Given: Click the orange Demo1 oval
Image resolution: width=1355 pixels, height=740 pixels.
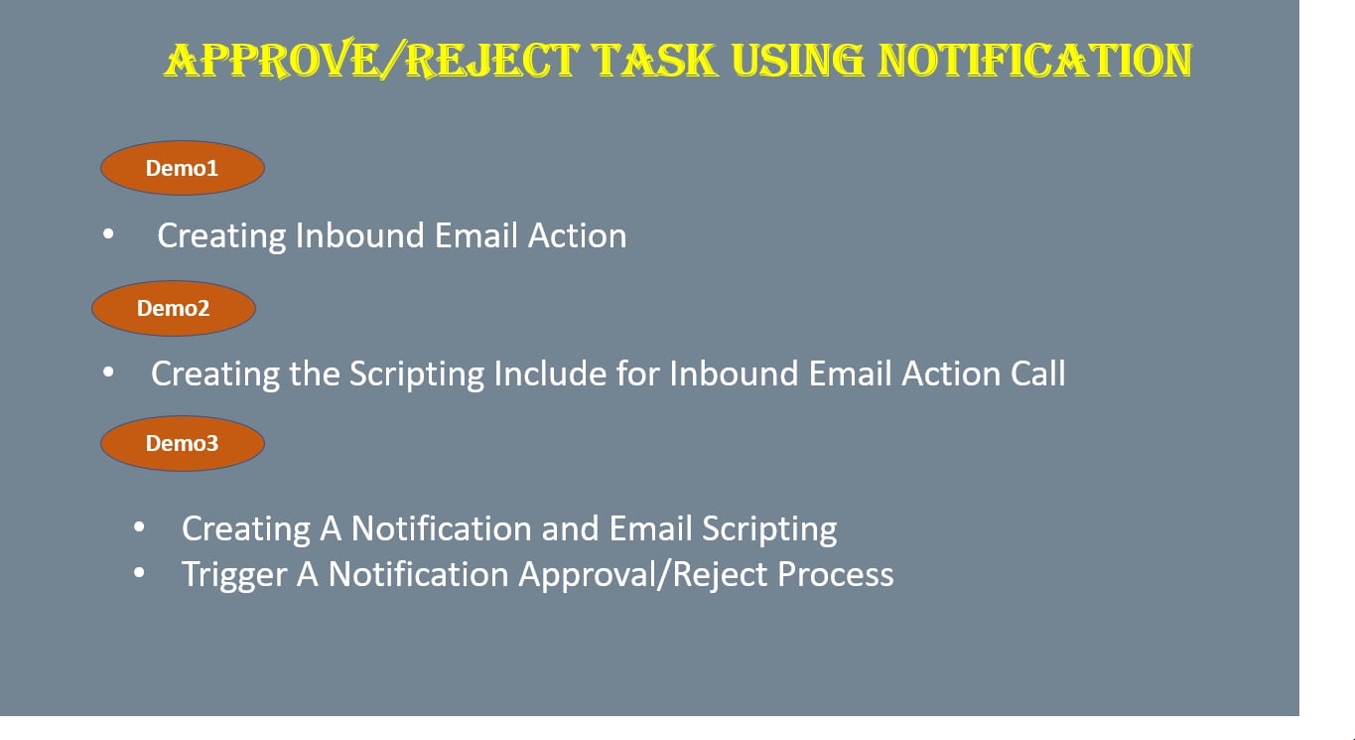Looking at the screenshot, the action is click(182, 168).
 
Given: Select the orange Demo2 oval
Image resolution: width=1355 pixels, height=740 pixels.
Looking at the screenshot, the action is click(174, 308).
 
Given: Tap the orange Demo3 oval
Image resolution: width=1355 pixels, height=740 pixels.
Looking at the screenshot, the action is click(182, 443).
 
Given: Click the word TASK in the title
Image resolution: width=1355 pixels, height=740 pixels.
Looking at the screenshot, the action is click(655, 60).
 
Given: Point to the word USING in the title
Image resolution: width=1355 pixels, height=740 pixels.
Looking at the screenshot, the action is click(797, 60).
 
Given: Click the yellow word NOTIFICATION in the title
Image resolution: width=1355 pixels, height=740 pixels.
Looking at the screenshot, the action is click(1034, 60).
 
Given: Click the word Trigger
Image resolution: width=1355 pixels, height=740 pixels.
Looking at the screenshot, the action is click(234, 574).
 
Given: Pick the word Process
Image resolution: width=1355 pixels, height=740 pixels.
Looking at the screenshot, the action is click(836, 573).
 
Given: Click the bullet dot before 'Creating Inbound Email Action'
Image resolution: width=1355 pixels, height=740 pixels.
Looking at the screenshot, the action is click(108, 233).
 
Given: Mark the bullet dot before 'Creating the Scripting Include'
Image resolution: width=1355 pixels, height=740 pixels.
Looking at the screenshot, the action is click(108, 371).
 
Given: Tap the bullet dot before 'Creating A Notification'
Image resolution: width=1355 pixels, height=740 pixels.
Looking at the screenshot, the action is click(139, 527).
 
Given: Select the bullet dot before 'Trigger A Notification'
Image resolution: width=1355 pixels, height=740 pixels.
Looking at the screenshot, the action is click(139, 572).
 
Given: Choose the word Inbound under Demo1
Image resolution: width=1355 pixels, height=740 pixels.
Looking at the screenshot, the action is click(360, 234).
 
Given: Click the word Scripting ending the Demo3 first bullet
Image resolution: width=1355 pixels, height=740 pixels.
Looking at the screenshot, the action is click(769, 529).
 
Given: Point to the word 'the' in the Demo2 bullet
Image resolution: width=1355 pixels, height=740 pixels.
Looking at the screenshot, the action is click(314, 372).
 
